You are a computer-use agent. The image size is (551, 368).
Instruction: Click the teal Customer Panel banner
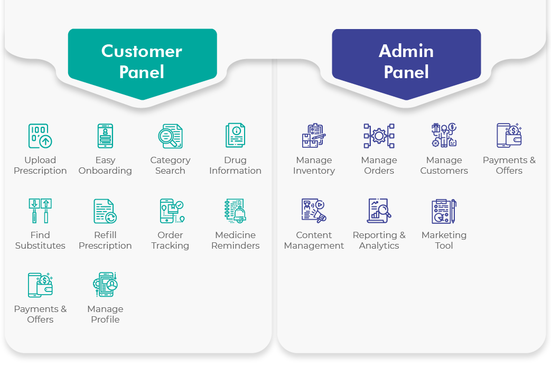pyautogui.click(x=142, y=61)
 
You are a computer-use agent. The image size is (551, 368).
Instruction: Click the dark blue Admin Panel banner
pyautogui.click(x=406, y=61)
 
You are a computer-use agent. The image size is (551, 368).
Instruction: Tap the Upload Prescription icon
pyautogui.click(x=40, y=136)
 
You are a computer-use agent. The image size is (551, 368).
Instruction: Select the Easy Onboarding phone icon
pyautogui.click(x=105, y=136)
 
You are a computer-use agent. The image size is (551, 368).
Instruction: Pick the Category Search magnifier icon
pyautogui.click(x=170, y=136)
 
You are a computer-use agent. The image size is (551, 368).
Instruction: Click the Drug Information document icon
pyautogui.click(x=235, y=136)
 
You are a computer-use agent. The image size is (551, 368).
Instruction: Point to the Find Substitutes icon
pyautogui.click(x=40, y=211)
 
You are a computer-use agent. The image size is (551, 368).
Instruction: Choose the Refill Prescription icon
pyautogui.click(x=105, y=211)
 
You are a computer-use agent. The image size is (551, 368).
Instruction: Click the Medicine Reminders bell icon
pyautogui.click(x=235, y=211)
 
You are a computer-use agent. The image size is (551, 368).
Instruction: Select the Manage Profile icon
pyautogui.click(x=105, y=285)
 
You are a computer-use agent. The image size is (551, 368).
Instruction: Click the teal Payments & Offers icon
pyautogui.click(x=40, y=285)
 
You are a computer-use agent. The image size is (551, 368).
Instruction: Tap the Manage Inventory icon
pyautogui.click(x=314, y=136)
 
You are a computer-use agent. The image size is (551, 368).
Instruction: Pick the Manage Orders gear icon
pyautogui.click(x=379, y=136)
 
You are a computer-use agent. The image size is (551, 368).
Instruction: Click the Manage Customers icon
pyautogui.click(x=444, y=136)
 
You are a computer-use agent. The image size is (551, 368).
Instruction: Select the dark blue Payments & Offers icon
pyautogui.click(x=509, y=136)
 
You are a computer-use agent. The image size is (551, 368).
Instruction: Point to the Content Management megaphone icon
pyautogui.click(x=314, y=211)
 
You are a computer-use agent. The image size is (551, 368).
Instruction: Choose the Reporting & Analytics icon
pyautogui.click(x=379, y=211)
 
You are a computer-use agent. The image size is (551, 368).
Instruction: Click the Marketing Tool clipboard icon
pyautogui.click(x=444, y=211)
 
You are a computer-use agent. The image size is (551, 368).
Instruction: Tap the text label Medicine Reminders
pyautogui.click(x=235, y=240)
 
